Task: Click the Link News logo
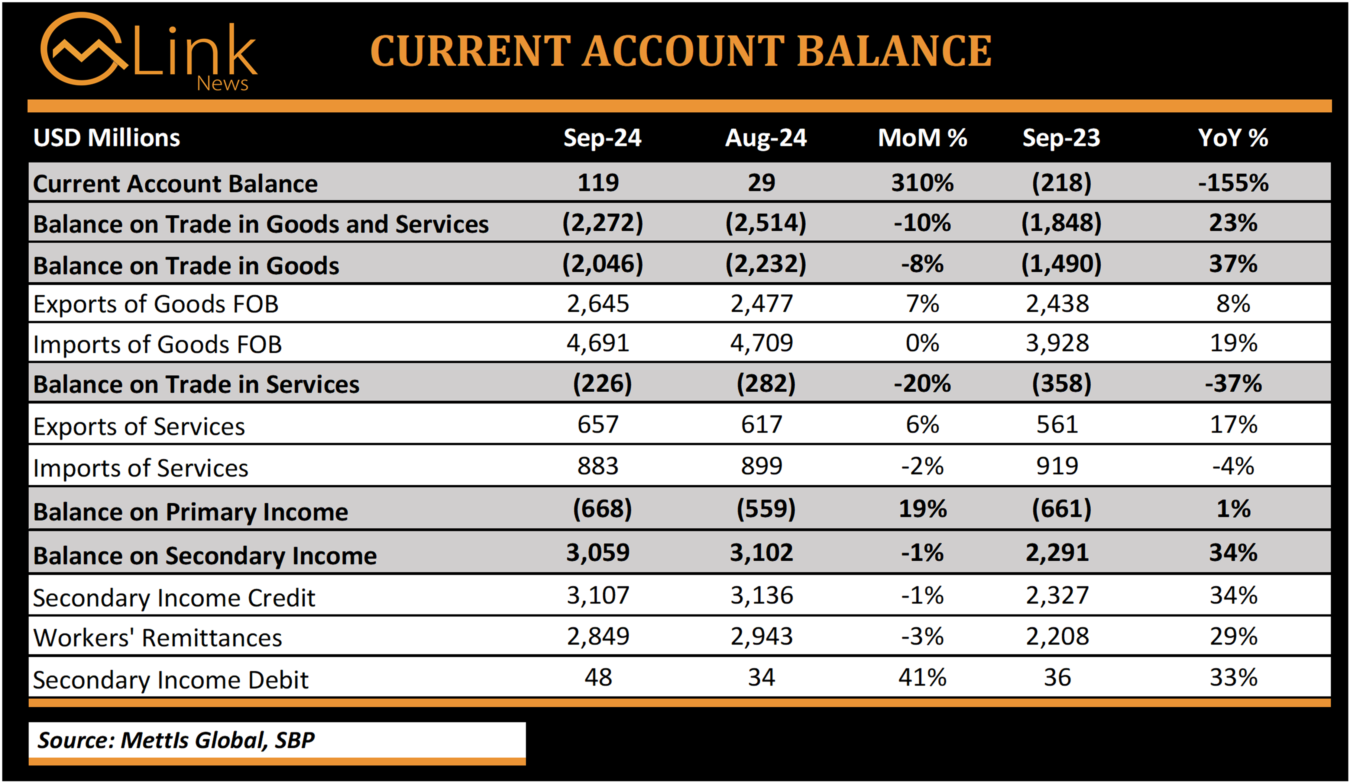149,52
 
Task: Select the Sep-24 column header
602,138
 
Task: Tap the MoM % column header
922,138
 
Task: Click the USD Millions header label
107,138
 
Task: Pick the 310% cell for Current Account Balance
922,183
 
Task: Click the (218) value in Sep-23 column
1061,183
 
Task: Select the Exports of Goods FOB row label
156,304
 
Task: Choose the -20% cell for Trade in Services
922,384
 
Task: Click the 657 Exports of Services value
598,425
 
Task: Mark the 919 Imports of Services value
1057,466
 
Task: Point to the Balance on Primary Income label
191,512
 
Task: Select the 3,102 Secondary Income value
761,552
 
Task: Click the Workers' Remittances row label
157,637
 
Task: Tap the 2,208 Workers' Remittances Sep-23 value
1057,636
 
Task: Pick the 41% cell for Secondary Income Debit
922,678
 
